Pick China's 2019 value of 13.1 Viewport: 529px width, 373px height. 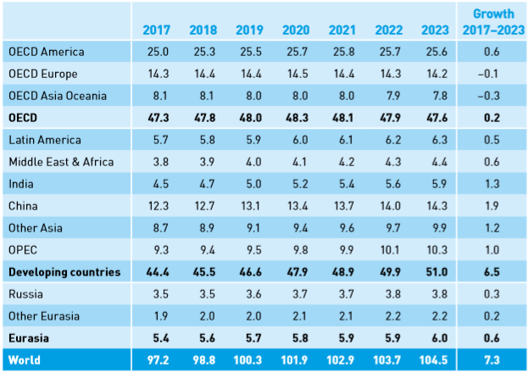click(254, 206)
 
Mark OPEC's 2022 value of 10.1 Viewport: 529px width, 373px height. click(390, 250)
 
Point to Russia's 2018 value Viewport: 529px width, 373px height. click(205, 294)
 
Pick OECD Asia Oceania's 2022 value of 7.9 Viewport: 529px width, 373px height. click(390, 96)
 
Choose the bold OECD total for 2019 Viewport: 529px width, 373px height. click(254, 118)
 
